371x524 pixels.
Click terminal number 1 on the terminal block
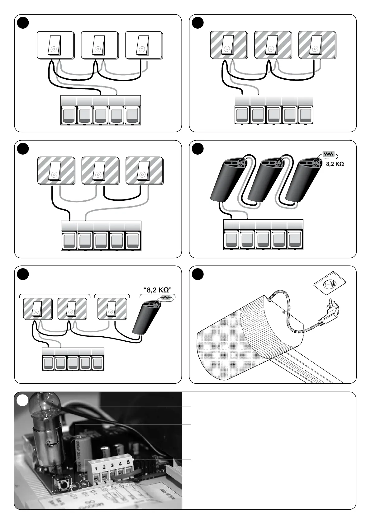[x=97, y=469]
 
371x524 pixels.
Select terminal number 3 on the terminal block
[x=112, y=466]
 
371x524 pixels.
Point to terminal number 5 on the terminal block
[x=128, y=463]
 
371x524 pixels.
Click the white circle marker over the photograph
[x=22, y=400]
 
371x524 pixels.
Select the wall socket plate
[x=330, y=285]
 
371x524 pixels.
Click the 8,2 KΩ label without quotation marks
[x=335, y=164]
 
